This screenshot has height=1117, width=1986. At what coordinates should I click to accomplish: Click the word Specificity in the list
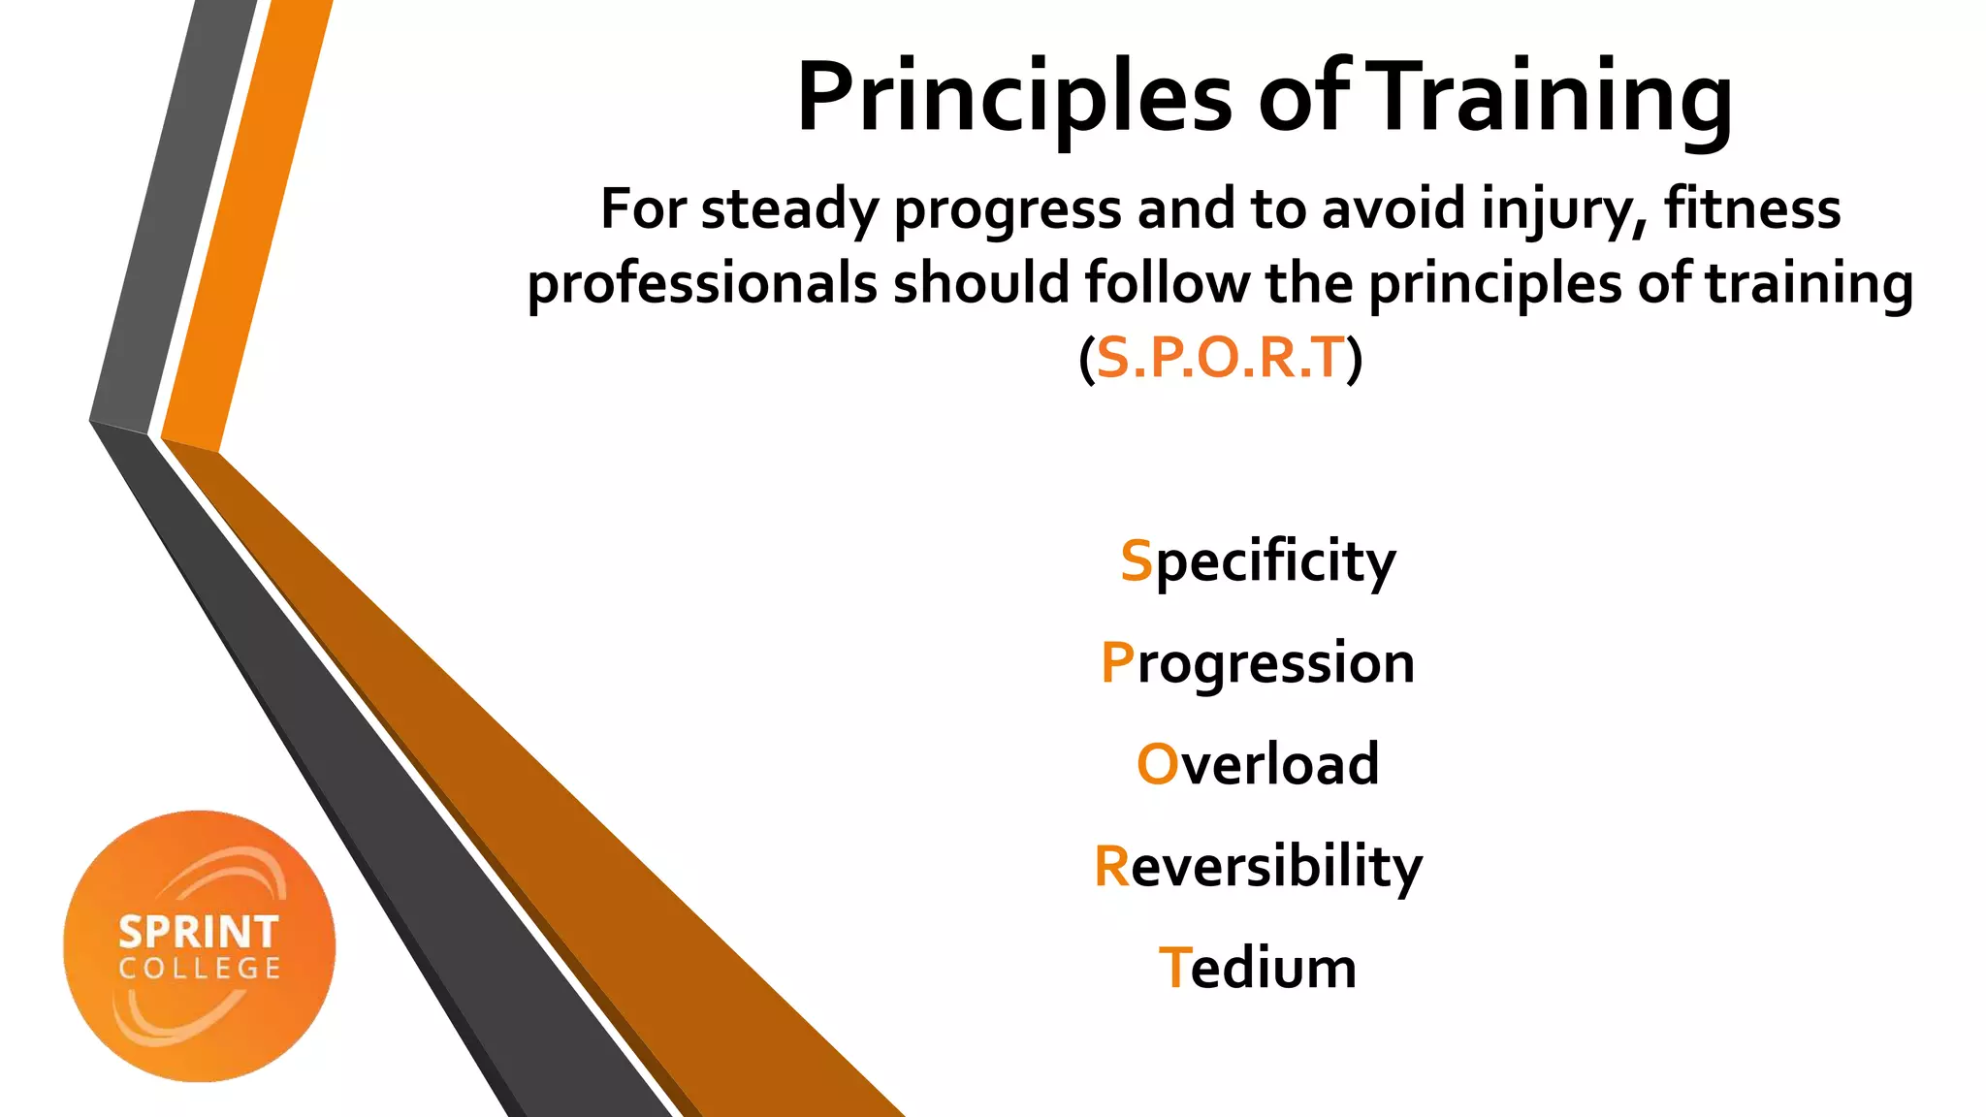(1258, 562)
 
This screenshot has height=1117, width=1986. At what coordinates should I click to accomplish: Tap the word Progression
(1258, 665)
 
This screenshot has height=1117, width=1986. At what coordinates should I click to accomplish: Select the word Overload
(1258, 764)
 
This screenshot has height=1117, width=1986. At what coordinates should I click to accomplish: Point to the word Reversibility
(1258, 866)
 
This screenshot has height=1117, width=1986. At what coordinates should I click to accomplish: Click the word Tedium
(1258, 968)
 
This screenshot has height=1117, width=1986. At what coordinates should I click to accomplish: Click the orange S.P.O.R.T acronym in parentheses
(1221, 358)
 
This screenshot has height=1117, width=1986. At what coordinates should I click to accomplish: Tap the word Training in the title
(1553, 97)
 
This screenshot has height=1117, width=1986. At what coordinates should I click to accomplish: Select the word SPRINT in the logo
(199, 933)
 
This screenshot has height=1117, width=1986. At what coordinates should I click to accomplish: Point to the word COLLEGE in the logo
(200, 969)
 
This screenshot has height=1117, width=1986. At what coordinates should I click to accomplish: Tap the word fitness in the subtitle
(1752, 208)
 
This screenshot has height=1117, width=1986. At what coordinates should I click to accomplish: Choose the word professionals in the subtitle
(702, 285)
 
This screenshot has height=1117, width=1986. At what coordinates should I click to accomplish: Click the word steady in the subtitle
(789, 210)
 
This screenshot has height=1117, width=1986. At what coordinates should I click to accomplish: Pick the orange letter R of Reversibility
(1111, 866)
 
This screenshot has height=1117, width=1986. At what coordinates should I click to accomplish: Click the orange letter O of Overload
(1156, 764)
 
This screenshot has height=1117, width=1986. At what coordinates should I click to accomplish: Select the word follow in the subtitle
(1168, 283)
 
